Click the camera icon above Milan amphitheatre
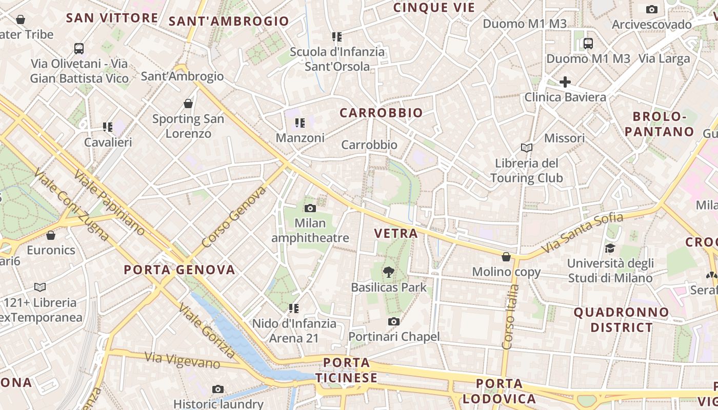(x=310, y=208)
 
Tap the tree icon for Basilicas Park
(x=389, y=272)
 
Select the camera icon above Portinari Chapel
(x=393, y=321)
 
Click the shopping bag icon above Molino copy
(x=506, y=257)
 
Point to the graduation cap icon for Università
(x=610, y=249)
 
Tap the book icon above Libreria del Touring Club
(x=526, y=148)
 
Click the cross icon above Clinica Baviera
(x=565, y=82)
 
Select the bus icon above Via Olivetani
(x=78, y=49)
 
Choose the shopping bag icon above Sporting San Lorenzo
(x=188, y=104)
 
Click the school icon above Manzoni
(x=300, y=123)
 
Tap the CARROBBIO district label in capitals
(x=381, y=113)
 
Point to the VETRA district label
(x=396, y=234)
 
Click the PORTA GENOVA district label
(x=180, y=270)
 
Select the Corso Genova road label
(x=234, y=217)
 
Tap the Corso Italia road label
(x=511, y=317)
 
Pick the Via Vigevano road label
(x=182, y=360)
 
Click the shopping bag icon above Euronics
(x=50, y=235)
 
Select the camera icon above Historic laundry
(x=218, y=389)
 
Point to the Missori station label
(x=564, y=138)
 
